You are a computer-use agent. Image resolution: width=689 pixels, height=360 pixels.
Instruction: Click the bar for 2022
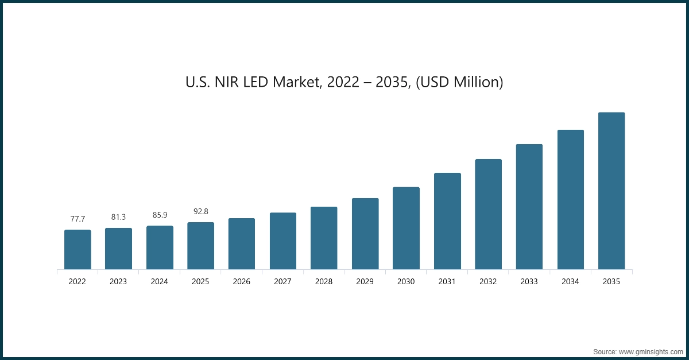pos(78,250)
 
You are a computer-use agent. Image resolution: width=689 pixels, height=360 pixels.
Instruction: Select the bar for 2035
pos(611,191)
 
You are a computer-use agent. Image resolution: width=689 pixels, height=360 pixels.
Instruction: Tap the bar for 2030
pos(406,228)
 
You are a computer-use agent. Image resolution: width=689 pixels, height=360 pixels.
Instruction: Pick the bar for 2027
pos(283,241)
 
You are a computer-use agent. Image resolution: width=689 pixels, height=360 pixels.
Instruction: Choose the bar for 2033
pos(529,207)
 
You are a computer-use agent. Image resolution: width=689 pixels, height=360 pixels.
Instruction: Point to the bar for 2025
pos(200,246)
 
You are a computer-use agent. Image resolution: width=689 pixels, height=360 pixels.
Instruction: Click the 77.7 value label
pos(78,219)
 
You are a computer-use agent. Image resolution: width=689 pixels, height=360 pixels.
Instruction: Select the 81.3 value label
pos(118,217)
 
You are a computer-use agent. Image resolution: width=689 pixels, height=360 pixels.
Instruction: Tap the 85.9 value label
pos(160,215)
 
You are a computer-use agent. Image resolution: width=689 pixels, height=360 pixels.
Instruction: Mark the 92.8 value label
pos(200,211)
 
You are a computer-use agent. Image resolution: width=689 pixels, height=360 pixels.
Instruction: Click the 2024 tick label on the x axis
pos(160,282)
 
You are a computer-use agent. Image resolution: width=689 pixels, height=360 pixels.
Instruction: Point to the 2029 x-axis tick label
pos(365,282)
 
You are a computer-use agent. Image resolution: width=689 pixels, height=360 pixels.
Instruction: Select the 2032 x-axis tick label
pos(488,282)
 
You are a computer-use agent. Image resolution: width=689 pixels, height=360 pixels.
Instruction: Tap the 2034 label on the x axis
pos(570,282)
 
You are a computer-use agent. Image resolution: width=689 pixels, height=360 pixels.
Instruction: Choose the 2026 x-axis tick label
pos(242,282)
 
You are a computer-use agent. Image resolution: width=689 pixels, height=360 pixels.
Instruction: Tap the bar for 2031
pos(447,221)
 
